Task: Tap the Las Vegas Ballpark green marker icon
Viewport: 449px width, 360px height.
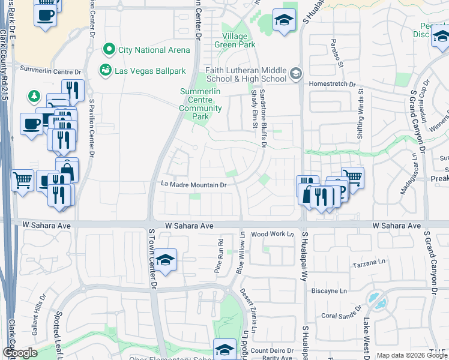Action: point(106,70)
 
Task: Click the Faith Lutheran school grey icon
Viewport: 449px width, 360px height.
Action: point(295,74)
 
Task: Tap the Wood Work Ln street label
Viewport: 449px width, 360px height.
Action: point(272,234)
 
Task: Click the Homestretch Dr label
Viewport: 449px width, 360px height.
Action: point(331,85)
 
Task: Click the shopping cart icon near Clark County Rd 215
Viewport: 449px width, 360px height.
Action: point(22,179)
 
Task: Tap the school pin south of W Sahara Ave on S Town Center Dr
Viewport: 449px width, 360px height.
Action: point(164,260)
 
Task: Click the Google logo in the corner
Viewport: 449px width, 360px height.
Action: point(20,353)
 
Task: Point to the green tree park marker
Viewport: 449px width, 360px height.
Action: point(34,96)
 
